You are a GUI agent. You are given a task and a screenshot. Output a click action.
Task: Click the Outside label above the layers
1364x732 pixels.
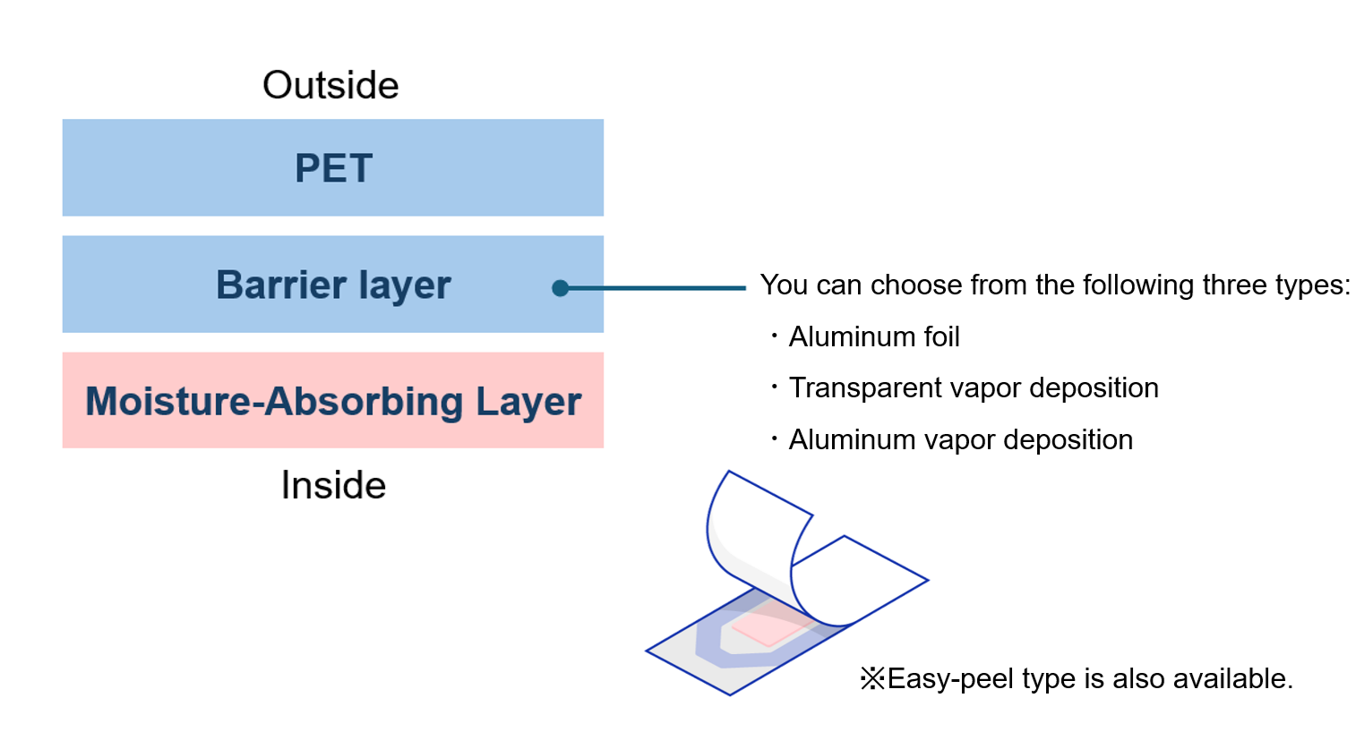(330, 86)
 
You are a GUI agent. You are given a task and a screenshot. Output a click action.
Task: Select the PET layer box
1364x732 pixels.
(332, 167)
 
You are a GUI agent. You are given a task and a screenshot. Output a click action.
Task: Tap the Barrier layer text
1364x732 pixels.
(333, 285)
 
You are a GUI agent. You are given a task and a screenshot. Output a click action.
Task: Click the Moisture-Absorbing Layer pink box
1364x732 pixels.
(332, 400)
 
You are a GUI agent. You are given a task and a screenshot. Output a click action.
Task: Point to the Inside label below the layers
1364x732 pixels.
(333, 485)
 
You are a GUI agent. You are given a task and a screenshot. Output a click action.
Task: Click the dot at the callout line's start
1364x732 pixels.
(561, 288)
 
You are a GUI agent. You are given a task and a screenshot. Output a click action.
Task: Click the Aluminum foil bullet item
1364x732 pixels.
(873, 336)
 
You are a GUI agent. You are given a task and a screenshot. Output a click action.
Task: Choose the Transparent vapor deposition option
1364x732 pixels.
(973, 387)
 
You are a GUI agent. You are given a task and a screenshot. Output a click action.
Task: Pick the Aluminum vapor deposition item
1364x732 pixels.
(960, 439)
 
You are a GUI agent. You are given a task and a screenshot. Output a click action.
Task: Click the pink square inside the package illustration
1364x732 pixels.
(768, 627)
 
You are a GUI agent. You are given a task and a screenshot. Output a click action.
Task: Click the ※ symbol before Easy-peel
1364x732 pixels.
(872, 678)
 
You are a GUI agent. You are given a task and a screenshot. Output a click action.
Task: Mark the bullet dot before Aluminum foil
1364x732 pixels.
(774, 336)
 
